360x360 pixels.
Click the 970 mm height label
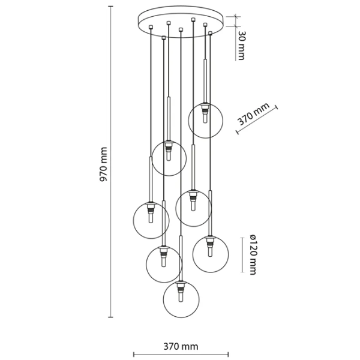coord(104,164)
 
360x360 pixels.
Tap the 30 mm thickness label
coord(241,45)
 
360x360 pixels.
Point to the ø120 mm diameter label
coord(253,254)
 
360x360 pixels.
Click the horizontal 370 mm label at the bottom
coord(181,346)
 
